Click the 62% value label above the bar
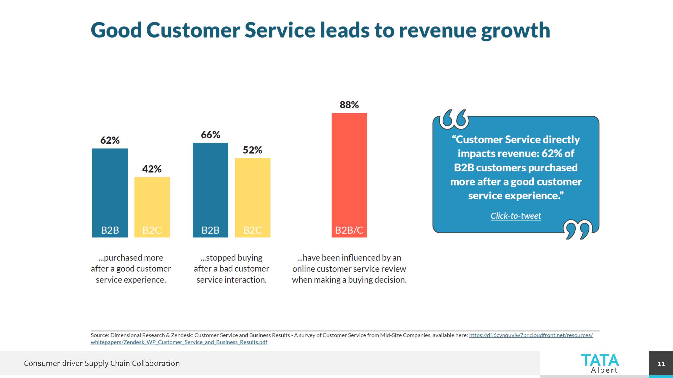pos(110,140)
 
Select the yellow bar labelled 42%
pos(152,207)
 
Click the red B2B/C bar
pos(349,175)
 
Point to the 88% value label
pos(349,105)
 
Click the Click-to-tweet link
pos(516,216)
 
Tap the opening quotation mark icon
pos(454,119)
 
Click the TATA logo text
pos(600,361)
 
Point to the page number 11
pos(661,364)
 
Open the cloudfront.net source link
pos(531,335)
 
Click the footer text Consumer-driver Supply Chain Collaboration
pos(102,363)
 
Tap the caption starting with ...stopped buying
pos(231,269)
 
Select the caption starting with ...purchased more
pos(131,269)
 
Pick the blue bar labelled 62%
pos(110,193)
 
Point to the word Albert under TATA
pos(604,370)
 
